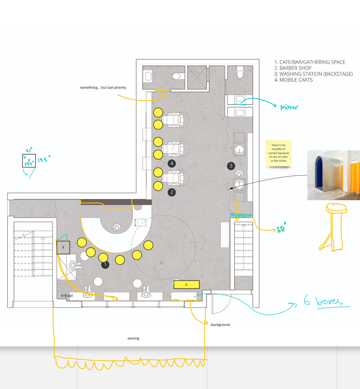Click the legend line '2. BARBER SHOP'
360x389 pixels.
tap(293, 68)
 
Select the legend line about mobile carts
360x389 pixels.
tap(293, 80)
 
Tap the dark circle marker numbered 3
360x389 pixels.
tap(231, 166)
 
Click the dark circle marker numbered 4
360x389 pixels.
tap(172, 163)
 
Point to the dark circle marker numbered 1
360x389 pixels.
tap(105, 264)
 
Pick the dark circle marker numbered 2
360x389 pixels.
tap(172, 192)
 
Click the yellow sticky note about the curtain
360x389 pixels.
tap(278, 153)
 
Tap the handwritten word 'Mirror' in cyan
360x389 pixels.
tap(289, 107)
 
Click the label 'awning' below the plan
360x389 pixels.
tap(133, 338)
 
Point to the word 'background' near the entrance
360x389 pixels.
tap(220, 325)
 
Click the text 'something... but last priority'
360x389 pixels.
tap(103, 88)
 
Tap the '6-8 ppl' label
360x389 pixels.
tap(67, 296)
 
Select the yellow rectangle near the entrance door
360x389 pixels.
tap(186, 284)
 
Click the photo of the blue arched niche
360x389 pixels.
tap(334, 175)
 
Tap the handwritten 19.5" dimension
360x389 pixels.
tap(44, 159)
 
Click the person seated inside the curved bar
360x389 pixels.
tap(117, 228)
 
